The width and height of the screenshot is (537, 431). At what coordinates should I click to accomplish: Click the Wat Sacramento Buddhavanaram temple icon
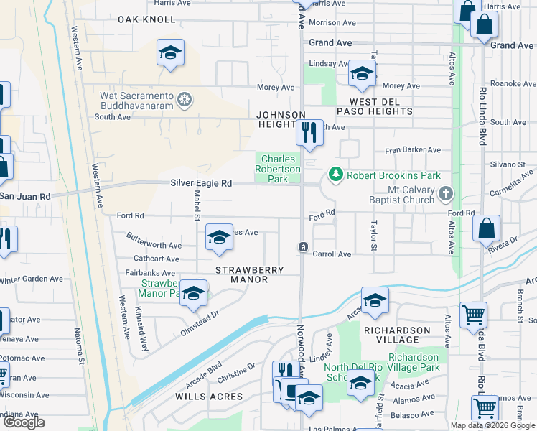pyautogui.click(x=185, y=99)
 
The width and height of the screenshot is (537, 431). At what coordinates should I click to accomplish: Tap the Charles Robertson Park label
pyautogui.click(x=279, y=169)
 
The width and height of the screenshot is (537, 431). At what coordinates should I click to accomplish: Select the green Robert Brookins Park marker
pyautogui.click(x=335, y=174)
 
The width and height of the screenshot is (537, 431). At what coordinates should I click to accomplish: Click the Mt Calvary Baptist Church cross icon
pyautogui.click(x=446, y=193)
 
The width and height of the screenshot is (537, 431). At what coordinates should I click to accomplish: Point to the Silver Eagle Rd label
pyautogui.click(x=201, y=183)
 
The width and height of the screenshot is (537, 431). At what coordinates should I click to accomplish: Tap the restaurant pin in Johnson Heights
pyautogui.click(x=309, y=132)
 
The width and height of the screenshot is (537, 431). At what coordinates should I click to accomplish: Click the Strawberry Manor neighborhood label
pyautogui.click(x=250, y=270)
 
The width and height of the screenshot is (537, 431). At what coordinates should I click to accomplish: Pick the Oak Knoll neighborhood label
pyautogui.click(x=146, y=19)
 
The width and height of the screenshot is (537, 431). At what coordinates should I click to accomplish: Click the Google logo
pyautogui.click(x=24, y=422)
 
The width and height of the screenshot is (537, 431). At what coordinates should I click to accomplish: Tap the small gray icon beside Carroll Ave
pyautogui.click(x=304, y=247)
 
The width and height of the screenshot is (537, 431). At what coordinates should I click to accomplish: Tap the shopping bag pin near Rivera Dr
pyautogui.click(x=486, y=228)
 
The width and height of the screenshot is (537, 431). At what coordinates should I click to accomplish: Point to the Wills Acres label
pyautogui.click(x=203, y=396)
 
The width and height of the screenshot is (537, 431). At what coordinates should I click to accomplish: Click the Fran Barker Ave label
pyautogui.click(x=412, y=150)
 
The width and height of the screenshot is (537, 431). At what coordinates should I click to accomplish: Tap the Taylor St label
pyautogui.click(x=373, y=236)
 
